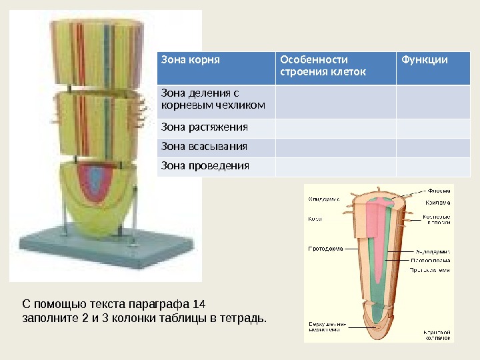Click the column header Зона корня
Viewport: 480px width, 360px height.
click(191, 61)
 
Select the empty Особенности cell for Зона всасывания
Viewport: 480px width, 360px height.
click(335, 146)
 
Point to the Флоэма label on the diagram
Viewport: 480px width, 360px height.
click(439, 189)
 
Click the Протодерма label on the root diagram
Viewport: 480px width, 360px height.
click(325, 249)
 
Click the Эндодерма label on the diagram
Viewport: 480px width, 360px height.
click(437, 251)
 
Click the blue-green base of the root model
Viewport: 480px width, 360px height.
click(100, 247)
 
